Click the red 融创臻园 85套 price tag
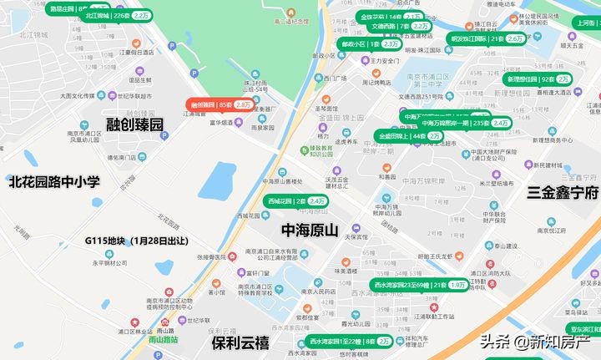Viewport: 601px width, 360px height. tap(220, 105)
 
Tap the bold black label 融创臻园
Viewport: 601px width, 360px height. tap(134, 124)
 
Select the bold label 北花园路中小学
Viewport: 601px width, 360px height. tap(54, 180)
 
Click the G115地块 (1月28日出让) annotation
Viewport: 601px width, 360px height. tap(136, 241)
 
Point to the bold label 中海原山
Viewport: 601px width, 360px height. tap(310, 230)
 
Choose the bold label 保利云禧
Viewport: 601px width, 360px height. tap(240, 342)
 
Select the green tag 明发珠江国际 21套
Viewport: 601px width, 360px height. tap(487, 38)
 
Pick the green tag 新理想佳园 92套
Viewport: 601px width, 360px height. tap(538, 79)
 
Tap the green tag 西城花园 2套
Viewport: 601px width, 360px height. tap(296, 201)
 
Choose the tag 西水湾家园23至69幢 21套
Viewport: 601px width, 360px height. tap(421, 285)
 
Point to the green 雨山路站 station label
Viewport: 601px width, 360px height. tap(163, 340)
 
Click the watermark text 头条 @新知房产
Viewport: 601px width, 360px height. tap(535, 341)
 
